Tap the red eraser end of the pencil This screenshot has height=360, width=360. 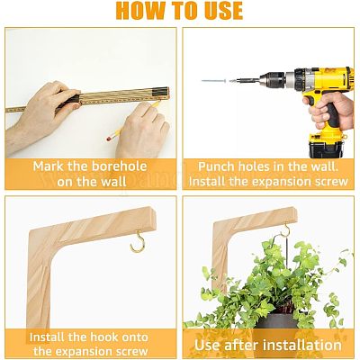click(x=109, y=139)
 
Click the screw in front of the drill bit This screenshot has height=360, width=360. click(x=214, y=81)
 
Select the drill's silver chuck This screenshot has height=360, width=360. click(x=272, y=80)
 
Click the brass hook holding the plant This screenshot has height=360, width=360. click(x=283, y=232)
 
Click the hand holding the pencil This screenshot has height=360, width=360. click(x=142, y=129)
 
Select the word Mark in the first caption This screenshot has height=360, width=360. click(x=48, y=166)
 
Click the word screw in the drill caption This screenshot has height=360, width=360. click(x=329, y=182)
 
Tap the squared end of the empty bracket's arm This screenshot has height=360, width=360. click(x=152, y=218)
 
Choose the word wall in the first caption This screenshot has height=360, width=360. click(x=115, y=182)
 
